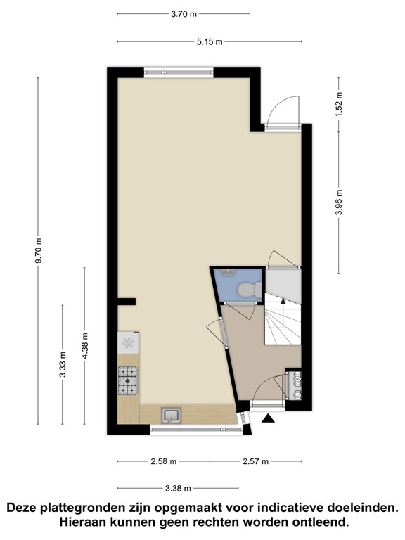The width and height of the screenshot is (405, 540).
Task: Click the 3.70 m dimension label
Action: (184, 14)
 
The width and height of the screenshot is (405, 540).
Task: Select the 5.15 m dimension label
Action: (210, 42)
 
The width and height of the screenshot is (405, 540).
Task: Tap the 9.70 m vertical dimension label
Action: (38, 250)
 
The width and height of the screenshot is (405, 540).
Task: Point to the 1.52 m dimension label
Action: (339, 104)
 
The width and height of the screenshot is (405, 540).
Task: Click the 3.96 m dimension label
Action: (339, 202)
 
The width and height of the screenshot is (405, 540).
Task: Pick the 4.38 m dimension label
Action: (84, 345)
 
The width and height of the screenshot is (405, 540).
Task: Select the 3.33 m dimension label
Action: (63, 364)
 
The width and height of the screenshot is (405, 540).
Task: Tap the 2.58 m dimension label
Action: (163, 461)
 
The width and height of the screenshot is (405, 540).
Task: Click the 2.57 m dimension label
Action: (255, 461)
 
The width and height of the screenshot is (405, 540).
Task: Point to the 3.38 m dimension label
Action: (178, 489)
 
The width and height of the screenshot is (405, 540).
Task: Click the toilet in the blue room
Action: (250, 289)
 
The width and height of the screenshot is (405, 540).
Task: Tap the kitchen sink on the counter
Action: (172, 415)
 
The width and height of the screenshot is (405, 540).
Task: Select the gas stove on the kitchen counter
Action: (127, 380)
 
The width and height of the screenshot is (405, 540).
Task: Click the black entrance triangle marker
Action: (269, 418)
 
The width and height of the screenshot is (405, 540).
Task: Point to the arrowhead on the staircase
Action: (283, 302)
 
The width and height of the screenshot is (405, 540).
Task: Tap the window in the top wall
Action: (179, 72)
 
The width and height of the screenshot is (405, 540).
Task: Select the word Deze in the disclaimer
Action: (23, 508)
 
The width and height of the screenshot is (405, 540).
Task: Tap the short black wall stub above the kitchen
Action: (127, 302)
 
